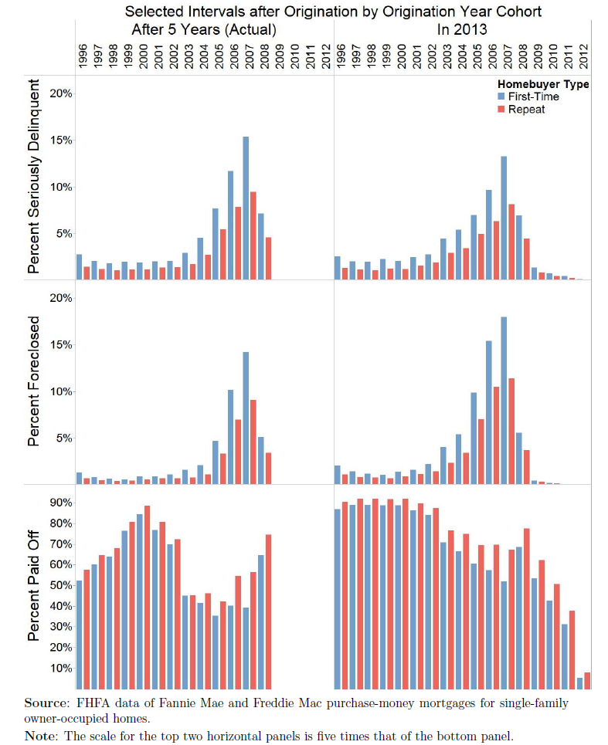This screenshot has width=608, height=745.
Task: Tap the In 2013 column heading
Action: tap(462, 29)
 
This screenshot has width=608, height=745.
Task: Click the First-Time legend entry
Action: tap(528, 97)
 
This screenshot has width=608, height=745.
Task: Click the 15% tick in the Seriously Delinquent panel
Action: tap(61, 141)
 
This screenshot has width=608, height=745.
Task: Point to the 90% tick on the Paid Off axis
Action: tap(61, 503)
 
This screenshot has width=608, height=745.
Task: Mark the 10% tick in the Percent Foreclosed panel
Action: tap(61, 391)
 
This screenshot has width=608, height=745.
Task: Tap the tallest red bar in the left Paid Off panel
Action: tap(147, 597)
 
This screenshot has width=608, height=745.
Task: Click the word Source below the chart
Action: tap(43, 703)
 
